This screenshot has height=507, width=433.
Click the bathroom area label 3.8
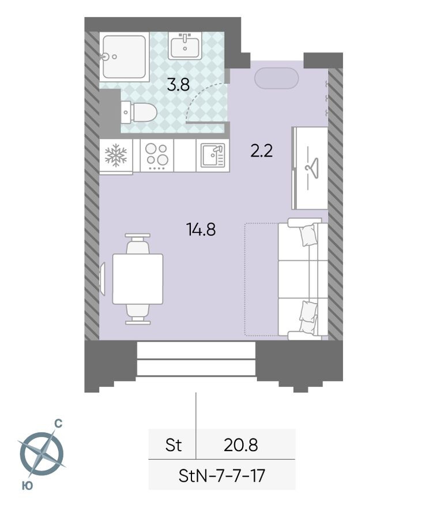(x=178, y=86)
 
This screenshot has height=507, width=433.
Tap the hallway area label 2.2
(x=261, y=152)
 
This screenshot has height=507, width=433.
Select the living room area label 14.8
(x=201, y=230)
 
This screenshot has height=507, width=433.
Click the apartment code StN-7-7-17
(x=222, y=476)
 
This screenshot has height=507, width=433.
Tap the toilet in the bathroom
(x=139, y=112)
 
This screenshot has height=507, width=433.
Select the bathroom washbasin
(x=185, y=46)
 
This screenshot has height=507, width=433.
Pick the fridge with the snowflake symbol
(x=115, y=156)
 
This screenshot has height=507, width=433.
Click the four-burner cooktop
(x=156, y=156)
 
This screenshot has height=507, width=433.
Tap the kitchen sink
(x=212, y=156)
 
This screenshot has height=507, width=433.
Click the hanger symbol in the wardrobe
(x=310, y=168)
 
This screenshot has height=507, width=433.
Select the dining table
(x=137, y=279)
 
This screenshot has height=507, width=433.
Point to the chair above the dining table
(x=137, y=244)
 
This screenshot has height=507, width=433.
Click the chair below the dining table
(x=137, y=313)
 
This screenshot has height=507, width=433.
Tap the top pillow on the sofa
(x=308, y=235)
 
